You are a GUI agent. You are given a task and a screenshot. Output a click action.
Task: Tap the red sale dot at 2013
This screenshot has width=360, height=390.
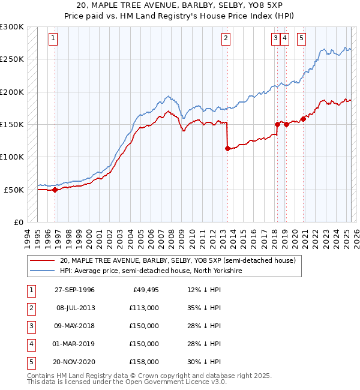click(227, 149)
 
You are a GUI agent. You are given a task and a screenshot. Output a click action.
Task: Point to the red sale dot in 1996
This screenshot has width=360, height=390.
click(55, 190)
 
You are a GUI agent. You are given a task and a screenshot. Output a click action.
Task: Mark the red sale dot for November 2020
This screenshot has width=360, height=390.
click(304, 119)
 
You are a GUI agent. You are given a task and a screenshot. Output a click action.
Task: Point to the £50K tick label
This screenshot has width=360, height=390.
click(14, 190)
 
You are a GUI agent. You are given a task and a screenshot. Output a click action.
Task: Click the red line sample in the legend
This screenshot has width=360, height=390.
click(42, 261)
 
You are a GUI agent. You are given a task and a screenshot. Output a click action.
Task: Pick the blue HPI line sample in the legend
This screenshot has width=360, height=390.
click(42, 271)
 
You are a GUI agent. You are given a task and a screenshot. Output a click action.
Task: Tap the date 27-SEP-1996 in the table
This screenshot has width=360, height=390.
click(74, 290)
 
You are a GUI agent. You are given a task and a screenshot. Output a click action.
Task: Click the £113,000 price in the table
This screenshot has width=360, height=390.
click(145, 308)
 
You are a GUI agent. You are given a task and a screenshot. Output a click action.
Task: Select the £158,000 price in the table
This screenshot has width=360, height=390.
click(145, 362)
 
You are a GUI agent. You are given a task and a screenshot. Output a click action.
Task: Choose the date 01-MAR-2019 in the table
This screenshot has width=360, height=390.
click(74, 344)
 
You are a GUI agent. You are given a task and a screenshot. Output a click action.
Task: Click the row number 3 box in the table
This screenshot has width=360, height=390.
click(30, 326)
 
